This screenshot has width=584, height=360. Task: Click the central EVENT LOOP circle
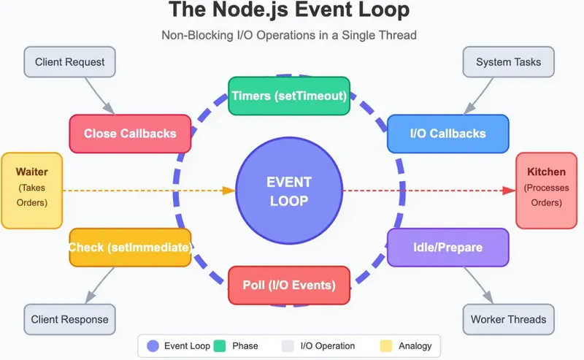pyautogui.click(x=288, y=191)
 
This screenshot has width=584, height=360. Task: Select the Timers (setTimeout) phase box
pyautogui.click(x=289, y=96)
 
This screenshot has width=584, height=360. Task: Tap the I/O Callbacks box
pyautogui.click(x=447, y=134)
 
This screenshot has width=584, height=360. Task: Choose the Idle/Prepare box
pyautogui.click(x=447, y=248)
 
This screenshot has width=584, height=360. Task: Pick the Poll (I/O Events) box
pyautogui.click(x=289, y=285)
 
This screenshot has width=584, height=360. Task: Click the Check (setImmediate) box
pyautogui.click(x=130, y=248)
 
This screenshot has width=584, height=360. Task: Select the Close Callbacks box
pyautogui.click(x=130, y=134)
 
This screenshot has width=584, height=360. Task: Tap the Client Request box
pyautogui.click(x=70, y=62)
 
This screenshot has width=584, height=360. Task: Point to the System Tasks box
pyautogui.click(x=508, y=62)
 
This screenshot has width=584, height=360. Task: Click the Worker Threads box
pyautogui.click(x=508, y=319)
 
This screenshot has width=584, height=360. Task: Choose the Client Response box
pyautogui.click(x=70, y=319)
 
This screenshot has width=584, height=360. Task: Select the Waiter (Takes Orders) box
pyautogui.click(x=31, y=191)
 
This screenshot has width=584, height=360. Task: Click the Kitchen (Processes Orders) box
pyautogui.click(x=547, y=191)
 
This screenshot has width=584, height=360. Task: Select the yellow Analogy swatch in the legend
pyautogui.click(x=385, y=345)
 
